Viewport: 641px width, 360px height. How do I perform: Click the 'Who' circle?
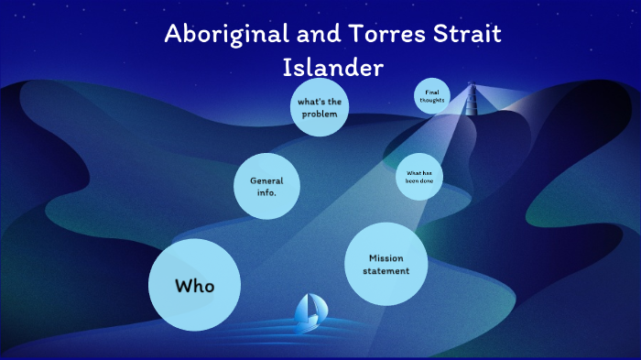(194, 286)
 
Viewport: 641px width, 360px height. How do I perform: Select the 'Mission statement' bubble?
(386, 265)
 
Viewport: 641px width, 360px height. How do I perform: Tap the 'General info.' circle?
(266, 186)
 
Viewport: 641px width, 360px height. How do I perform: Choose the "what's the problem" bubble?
(320, 107)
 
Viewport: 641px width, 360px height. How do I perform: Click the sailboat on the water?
(305, 313)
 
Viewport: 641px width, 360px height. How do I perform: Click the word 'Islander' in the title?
(333, 68)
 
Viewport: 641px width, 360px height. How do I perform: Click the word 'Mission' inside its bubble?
(386, 258)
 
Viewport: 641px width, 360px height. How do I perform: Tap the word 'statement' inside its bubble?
(386, 271)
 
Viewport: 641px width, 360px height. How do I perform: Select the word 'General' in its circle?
(266, 180)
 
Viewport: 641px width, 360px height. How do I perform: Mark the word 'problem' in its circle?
(320, 114)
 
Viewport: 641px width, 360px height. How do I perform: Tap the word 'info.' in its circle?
(266, 192)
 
